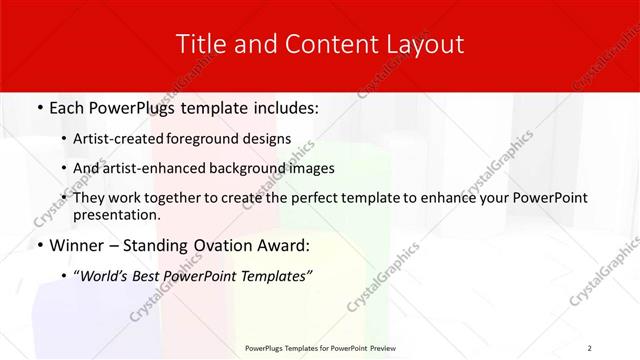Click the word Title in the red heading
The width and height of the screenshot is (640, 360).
[x=200, y=44]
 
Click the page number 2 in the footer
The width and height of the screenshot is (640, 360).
[x=589, y=347]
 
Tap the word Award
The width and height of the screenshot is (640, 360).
[x=281, y=244]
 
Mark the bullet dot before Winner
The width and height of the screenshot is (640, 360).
[x=38, y=245]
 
